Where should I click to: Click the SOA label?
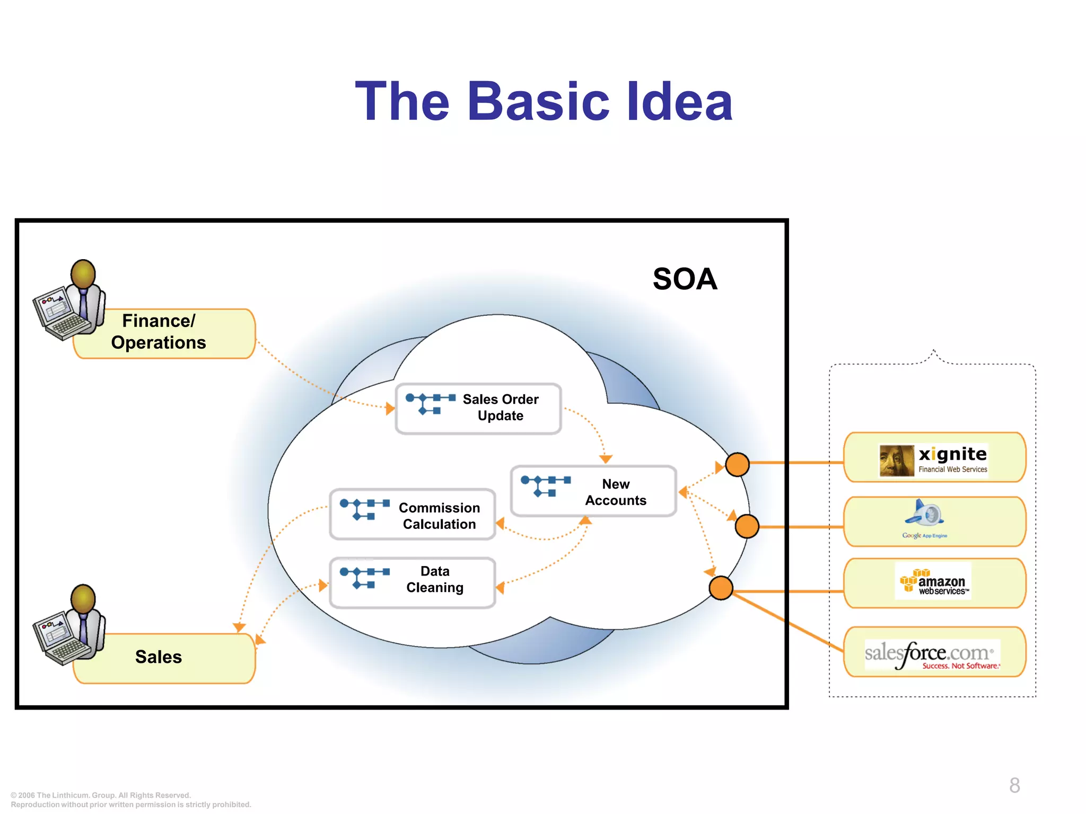pyautogui.click(x=685, y=279)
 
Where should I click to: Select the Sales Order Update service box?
pyautogui.click(x=478, y=409)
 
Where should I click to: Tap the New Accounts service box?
pyautogui.click(x=593, y=491)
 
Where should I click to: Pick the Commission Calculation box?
pyautogui.click(x=413, y=515)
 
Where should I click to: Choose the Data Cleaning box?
pyautogui.click(x=413, y=582)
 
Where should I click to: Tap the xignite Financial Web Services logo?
pyautogui.click(x=934, y=459)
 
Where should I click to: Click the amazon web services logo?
pyautogui.click(x=933, y=582)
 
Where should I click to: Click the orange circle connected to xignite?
pyautogui.click(x=737, y=464)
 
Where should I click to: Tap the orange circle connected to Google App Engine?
pyautogui.click(x=747, y=526)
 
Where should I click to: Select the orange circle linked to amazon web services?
pyautogui.click(x=721, y=588)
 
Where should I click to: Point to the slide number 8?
pyautogui.click(x=1014, y=785)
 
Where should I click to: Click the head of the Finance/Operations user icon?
pyautogui.click(x=83, y=273)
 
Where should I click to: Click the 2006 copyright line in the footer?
pyautogui.click(x=101, y=795)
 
